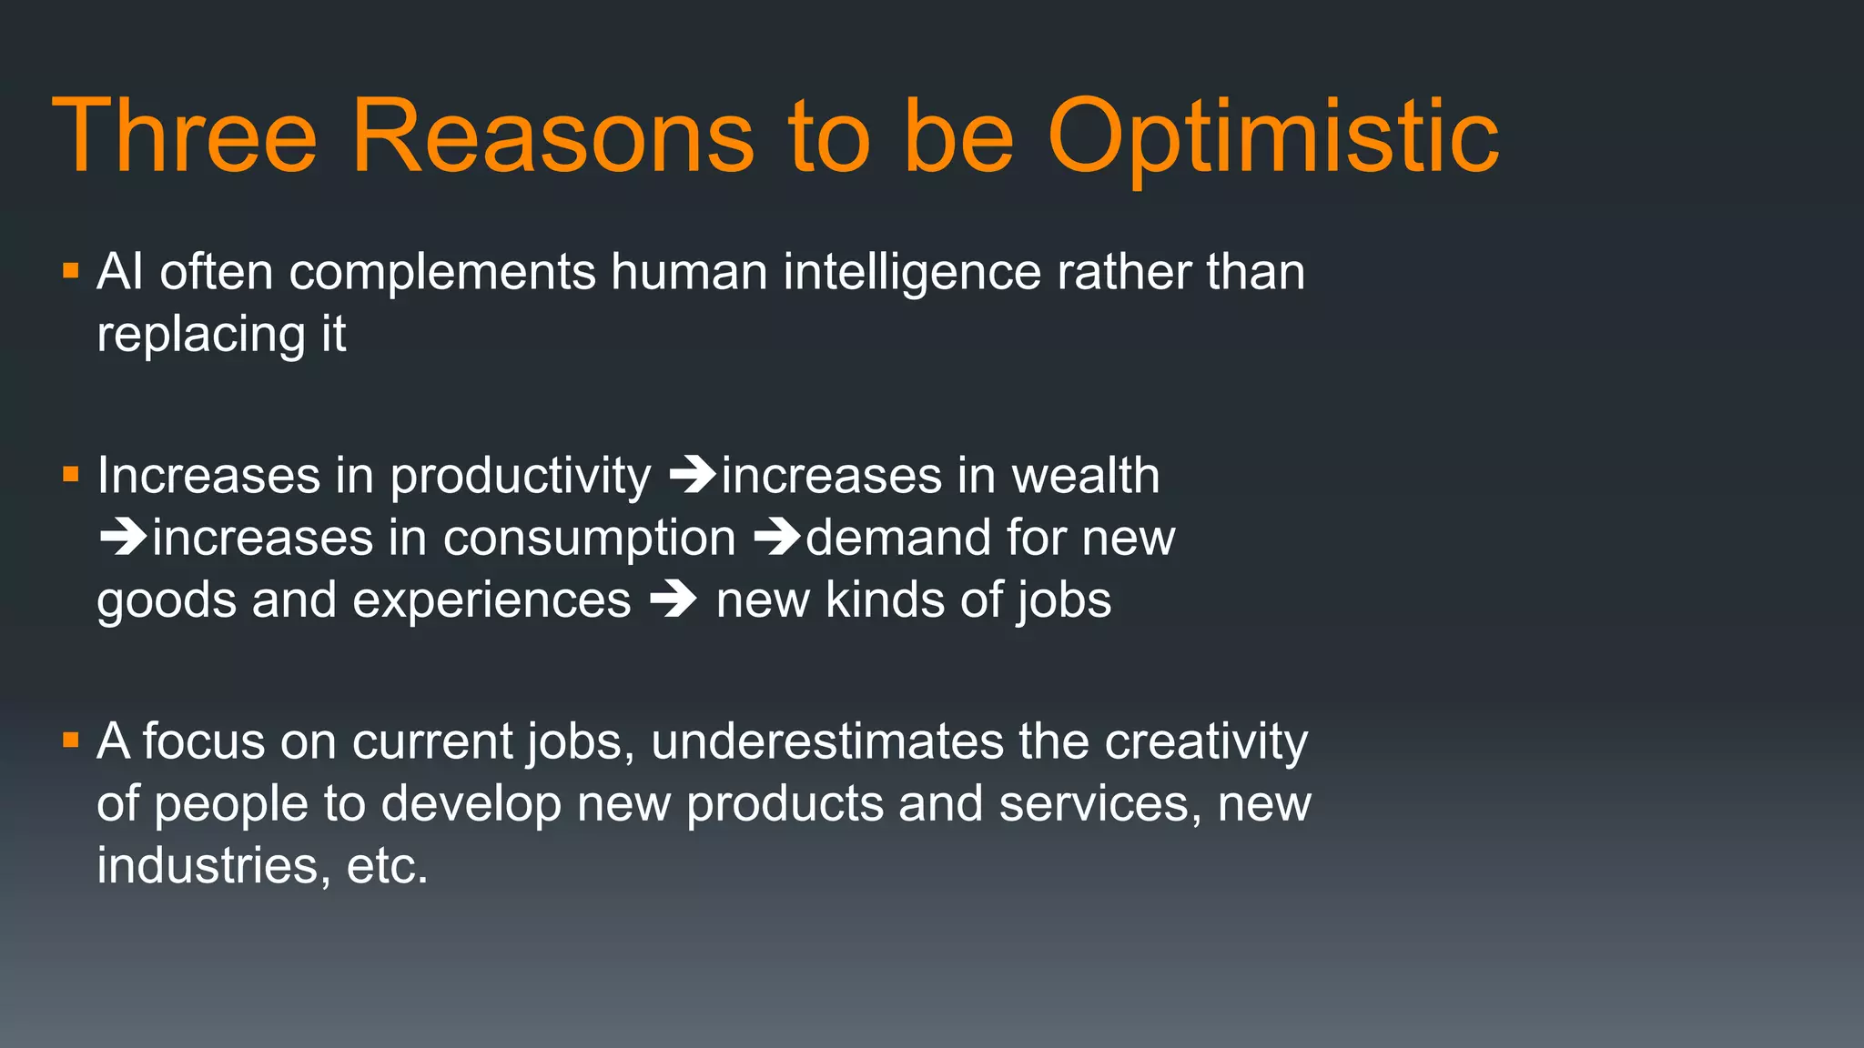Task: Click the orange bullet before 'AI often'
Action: [x=71, y=271]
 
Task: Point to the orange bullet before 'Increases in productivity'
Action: [x=71, y=474]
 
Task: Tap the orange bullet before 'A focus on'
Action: [x=71, y=740]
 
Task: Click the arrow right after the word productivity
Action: [x=693, y=475]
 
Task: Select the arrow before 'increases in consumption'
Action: [x=123, y=537]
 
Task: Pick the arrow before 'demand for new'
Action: [x=777, y=537]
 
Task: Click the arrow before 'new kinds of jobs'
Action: [x=674, y=600]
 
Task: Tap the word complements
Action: [x=441, y=272]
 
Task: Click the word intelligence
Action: [x=912, y=272]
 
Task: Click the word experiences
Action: [x=491, y=600]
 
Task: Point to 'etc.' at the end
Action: [x=387, y=865]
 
